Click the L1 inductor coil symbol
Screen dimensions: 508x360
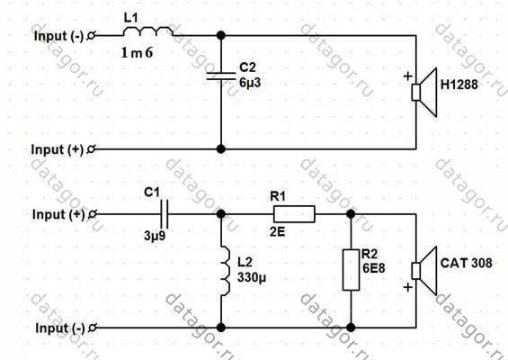(147, 31)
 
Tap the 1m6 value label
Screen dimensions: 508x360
(137, 53)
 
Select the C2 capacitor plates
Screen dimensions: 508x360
(221, 76)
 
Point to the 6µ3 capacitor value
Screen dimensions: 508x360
(250, 83)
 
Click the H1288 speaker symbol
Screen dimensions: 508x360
(424, 93)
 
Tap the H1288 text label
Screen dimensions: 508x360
(459, 85)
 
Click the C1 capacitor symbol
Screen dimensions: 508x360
(165, 214)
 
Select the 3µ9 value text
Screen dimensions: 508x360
(155, 235)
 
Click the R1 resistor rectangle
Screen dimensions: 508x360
(294, 214)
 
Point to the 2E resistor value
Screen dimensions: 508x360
(277, 231)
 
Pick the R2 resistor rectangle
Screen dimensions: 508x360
(351, 270)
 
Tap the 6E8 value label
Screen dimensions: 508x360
(374, 268)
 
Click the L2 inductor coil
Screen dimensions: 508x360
(226, 271)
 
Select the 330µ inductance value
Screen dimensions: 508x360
(252, 277)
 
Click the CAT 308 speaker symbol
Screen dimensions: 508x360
(424, 271)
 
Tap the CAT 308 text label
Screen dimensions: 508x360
(467, 263)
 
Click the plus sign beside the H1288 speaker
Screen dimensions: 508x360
(408, 76)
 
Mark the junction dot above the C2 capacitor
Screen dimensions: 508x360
(221, 35)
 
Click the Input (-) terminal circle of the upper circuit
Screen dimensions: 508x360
(92, 35)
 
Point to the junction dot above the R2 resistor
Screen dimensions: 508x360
(351, 214)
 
